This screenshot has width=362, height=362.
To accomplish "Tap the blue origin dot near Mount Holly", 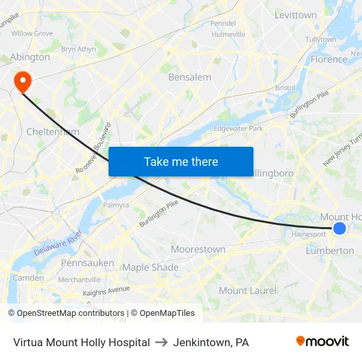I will [x=340, y=228].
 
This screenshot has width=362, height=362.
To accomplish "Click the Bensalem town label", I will [x=190, y=77].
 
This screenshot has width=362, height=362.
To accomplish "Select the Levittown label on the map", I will [x=295, y=14].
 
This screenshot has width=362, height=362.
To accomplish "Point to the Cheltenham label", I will [x=53, y=132].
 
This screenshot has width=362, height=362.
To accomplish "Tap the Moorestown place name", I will [x=197, y=249].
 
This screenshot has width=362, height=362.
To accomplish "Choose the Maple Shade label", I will [x=150, y=267].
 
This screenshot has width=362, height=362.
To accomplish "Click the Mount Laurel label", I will [x=247, y=290].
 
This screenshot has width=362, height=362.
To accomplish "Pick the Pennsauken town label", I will [x=87, y=263].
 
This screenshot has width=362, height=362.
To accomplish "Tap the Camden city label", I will [x=28, y=278].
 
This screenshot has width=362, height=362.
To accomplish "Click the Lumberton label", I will [x=330, y=251].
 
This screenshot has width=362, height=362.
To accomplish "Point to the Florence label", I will [x=328, y=59].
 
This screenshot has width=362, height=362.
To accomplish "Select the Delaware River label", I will [x=58, y=243].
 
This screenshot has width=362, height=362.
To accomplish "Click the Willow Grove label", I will [x=32, y=33].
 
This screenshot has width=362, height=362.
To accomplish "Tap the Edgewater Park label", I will [x=238, y=128].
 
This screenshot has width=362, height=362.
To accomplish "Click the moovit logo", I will [x=322, y=341].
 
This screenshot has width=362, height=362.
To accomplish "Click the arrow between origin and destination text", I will [x=161, y=342].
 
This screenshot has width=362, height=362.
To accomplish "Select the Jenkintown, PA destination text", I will [x=211, y=342].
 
